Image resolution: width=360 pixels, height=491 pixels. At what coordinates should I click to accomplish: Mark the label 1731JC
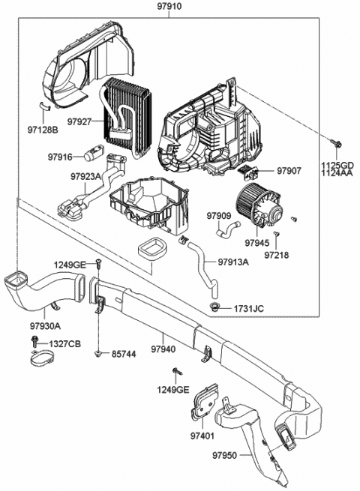[x=248, y=308]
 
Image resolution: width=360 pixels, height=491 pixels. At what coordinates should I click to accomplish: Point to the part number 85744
[x=125, y=353]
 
